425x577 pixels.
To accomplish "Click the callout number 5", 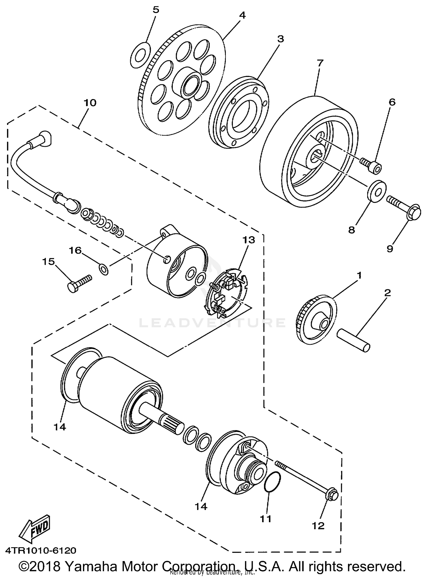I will pos(156,10).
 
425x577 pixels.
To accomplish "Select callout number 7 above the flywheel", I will pos(320,63).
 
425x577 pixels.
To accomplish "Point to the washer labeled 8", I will pos(376,192).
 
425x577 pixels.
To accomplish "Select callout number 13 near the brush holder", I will pos(248,240).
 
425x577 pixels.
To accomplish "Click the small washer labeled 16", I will pos(103,269).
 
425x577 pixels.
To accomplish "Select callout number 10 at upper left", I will pos(90,103).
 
